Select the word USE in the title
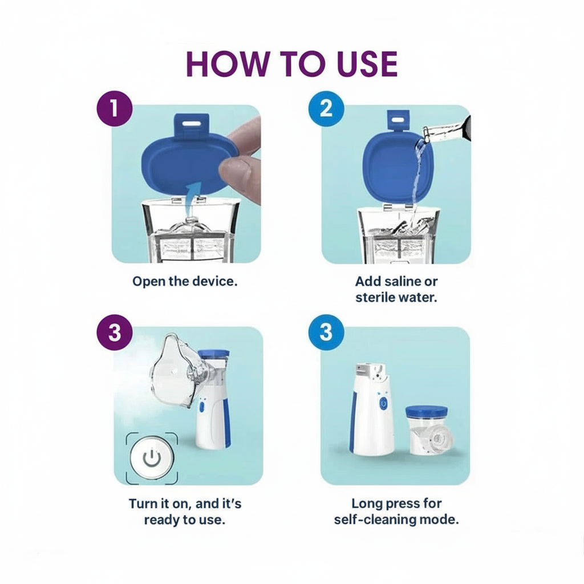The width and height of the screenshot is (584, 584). tap(358, 64)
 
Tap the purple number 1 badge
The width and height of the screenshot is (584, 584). tap(114, 107)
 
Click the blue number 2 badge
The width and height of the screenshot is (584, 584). tap(325, 107)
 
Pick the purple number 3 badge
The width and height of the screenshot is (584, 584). tap(115, 332)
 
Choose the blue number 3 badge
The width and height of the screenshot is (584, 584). tap(325, 332)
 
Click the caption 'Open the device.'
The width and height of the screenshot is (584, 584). tap(185, 281)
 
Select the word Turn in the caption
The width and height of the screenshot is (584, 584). tap(143, 504)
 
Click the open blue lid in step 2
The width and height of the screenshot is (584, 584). tap(391, 165)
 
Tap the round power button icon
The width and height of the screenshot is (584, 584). tap(151, 457)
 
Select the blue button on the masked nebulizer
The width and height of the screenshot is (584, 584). tap(201, 408)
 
